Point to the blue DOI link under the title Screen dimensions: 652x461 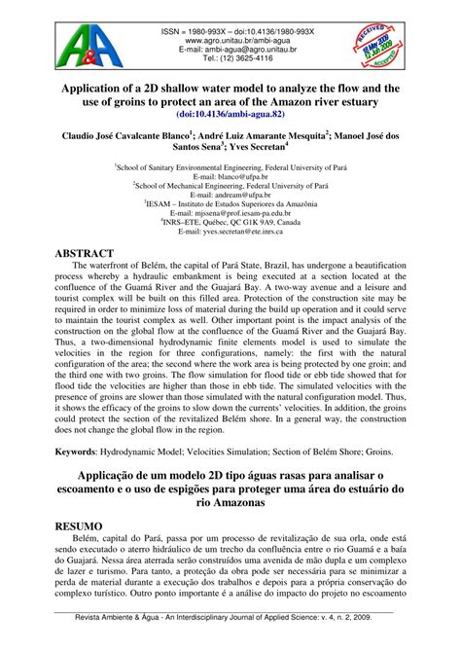230,114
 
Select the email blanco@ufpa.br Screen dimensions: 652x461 230,179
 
